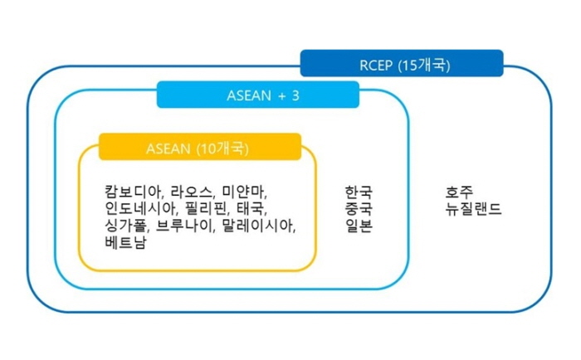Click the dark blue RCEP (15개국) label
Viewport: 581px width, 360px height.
[402, 63]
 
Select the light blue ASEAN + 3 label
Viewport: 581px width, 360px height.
[258, 95]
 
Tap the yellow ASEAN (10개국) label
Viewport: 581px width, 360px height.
[200, 147]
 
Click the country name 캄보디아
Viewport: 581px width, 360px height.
[134, 192]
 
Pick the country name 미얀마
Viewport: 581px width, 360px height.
[243, 192]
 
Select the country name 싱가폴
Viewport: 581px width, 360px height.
[126, 225]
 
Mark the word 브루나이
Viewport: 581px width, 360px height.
[184, 225]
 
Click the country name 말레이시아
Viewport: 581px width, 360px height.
[258, 225]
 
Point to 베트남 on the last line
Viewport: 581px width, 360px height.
[126, 242]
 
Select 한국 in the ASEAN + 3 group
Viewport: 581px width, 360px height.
[359, 192]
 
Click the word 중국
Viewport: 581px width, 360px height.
[359, 208]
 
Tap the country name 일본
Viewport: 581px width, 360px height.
[359, 225]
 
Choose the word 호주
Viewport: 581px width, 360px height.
[460, 192]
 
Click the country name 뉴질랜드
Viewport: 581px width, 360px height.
[474, 208]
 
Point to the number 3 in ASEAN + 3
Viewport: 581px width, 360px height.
[295, 95]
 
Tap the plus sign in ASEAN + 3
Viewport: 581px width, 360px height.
[282, 96]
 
